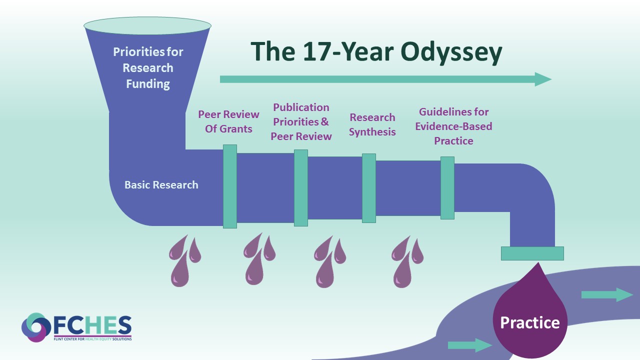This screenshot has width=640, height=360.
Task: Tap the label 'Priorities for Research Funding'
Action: point(148,68)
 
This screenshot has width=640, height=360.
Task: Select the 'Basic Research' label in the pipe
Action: point(161,185)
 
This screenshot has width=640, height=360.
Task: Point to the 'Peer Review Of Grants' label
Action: point(228,121)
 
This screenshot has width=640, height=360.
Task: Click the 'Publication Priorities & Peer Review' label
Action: point(301,122)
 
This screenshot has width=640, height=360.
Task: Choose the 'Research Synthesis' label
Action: point(372,124)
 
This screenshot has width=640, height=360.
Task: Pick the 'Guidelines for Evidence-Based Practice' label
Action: point(453,126)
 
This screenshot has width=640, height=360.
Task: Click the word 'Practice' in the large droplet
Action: point(530,322)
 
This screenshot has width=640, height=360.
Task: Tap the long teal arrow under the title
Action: point(385,79)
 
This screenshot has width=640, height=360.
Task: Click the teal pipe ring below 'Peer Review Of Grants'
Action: point(230,186)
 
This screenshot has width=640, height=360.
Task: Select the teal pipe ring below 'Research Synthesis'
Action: point(369,188)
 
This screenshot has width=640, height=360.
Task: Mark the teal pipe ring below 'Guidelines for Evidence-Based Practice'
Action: point(447,188)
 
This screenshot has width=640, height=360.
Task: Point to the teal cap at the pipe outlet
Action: point(532,253)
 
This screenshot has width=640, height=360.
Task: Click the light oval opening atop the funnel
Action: point(147,25)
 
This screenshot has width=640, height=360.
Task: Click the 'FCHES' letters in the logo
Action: point(93,325)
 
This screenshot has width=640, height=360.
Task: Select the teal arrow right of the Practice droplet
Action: point(607,295)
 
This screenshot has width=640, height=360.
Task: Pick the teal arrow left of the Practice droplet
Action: point(470,345)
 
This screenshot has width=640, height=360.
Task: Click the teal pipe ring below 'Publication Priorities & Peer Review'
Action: point(301,188)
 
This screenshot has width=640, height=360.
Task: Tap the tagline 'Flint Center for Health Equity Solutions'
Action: point(93,339)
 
